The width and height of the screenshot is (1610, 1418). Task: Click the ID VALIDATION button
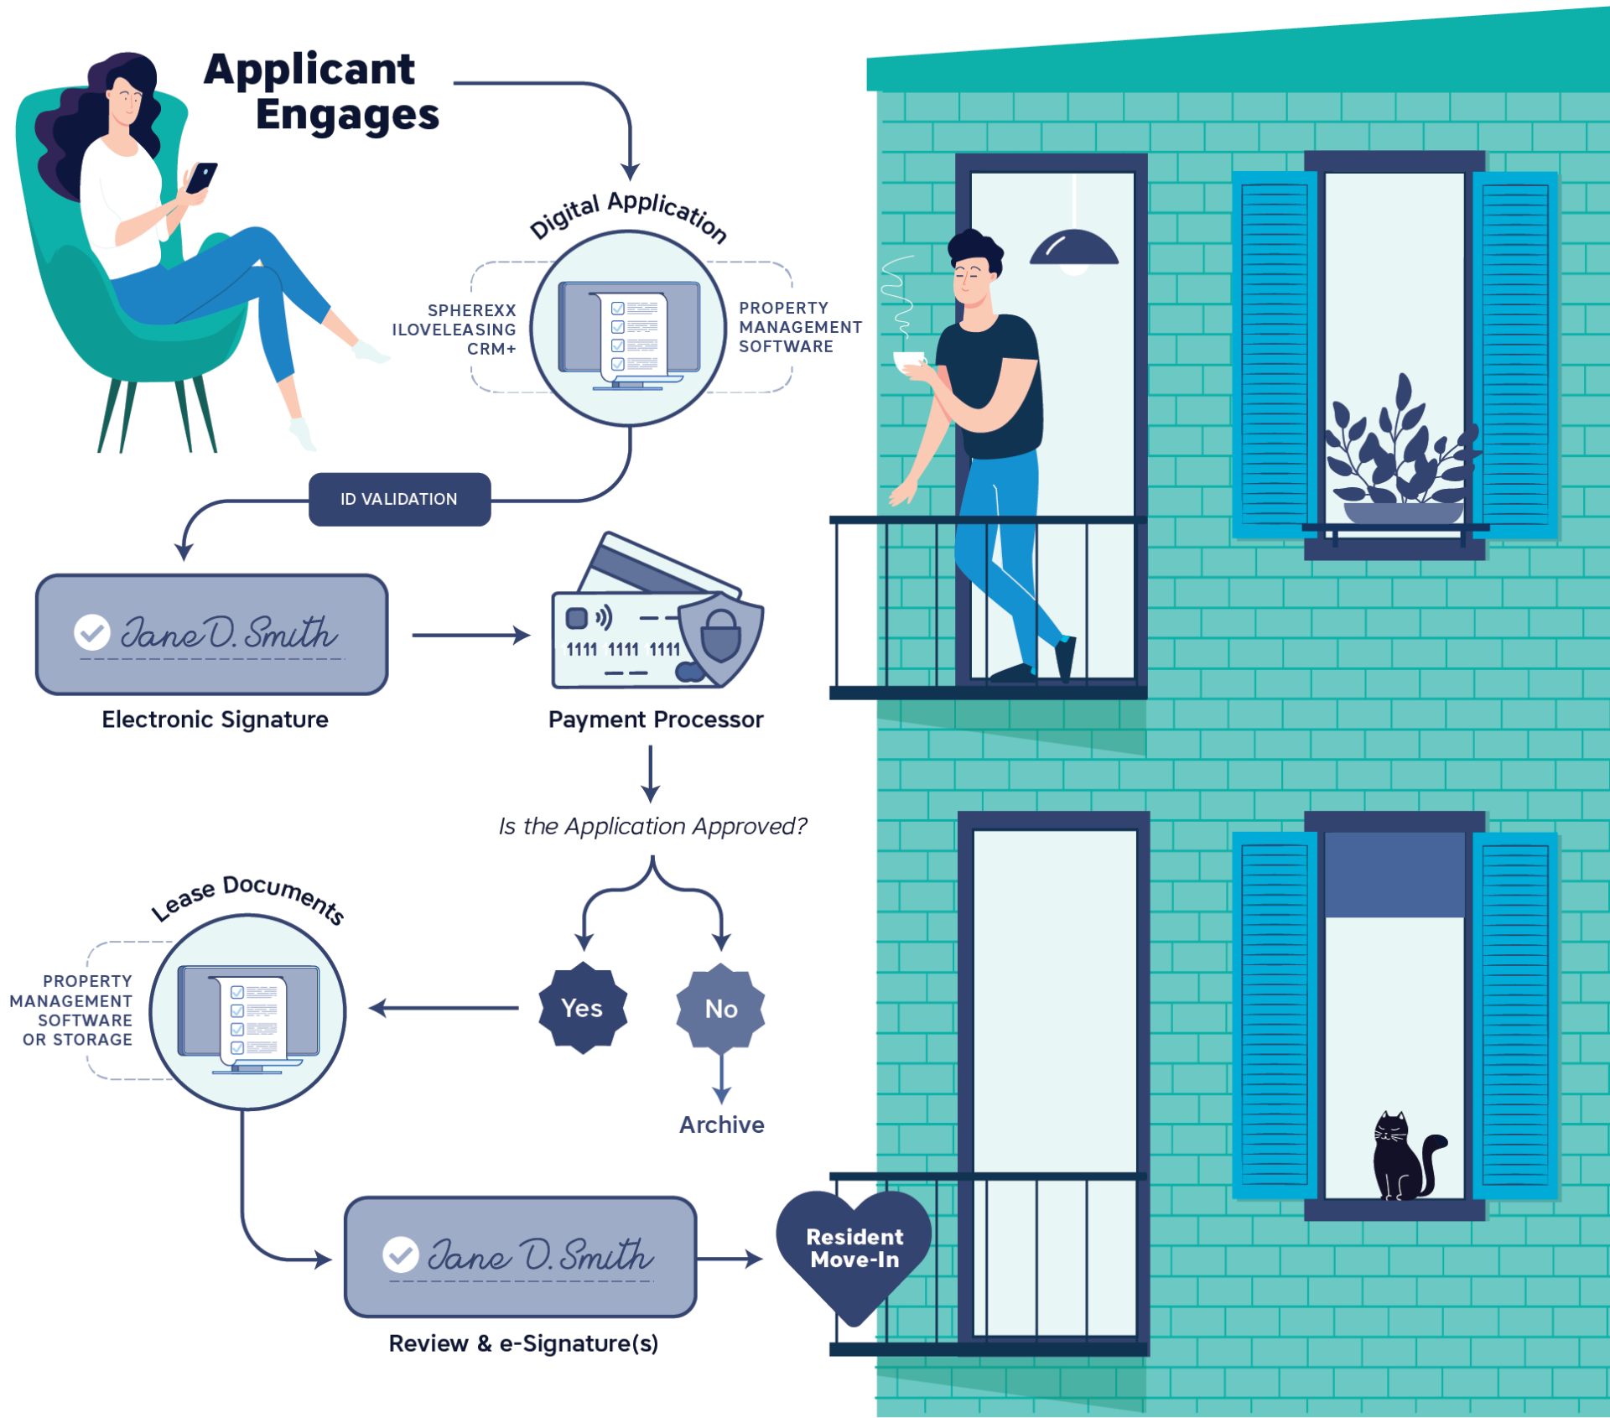[399, 500]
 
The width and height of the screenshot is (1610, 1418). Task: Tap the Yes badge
[582, 1008]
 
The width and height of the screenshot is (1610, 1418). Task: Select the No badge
[720, 1009]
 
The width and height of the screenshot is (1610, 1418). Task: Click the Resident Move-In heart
[854, 1249]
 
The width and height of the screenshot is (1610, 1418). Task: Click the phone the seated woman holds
[201, 177]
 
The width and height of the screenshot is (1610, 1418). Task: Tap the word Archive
[721, 1125]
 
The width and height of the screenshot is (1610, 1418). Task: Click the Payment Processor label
[656, 719]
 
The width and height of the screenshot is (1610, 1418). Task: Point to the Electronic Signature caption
[215, 719]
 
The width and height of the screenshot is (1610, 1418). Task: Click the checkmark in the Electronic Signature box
[92, 632]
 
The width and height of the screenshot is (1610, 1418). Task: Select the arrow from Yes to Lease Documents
[444, 1008]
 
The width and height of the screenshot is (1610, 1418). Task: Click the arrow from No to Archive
[721, 1078]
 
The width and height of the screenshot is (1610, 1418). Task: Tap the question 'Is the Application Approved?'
[652, 826]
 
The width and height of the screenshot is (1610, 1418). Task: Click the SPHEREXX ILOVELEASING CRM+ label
[454, 330]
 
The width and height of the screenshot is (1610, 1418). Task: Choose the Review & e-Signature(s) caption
[523, 1343]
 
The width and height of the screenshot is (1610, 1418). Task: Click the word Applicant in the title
[309, 69]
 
